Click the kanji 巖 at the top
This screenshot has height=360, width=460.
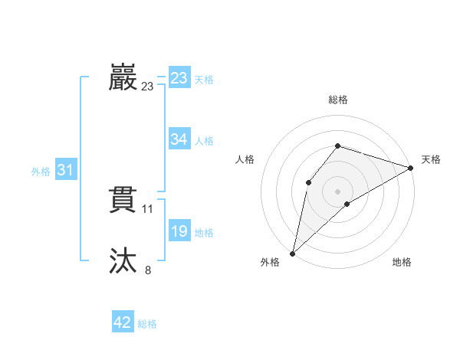point(123,78)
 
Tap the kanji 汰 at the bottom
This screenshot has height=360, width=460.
point(123,261)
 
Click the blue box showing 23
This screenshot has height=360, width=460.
point(179,78)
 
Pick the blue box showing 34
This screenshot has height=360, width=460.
point(179,139)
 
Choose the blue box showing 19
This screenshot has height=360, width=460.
point(179,231)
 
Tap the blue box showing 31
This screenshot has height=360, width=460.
point(65,170)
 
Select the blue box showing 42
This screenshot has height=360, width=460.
point(123,322)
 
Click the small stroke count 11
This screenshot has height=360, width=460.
point(148,208)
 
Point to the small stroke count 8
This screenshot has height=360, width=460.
point(148,270)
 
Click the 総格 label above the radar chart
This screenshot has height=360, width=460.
point(337,100)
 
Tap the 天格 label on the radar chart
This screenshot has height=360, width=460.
point(431,159)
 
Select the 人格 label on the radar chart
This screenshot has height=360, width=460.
point(245,159)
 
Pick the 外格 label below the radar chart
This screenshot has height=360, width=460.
point(270,263)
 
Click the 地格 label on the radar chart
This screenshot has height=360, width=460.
point(402,263)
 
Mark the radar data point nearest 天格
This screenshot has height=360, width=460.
point(410,168)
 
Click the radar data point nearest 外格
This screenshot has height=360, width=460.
point(292,254)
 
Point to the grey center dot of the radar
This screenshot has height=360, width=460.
point(337,191)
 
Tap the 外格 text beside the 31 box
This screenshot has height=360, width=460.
point(41,172)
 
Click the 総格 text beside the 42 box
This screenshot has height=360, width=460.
point(147,324)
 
